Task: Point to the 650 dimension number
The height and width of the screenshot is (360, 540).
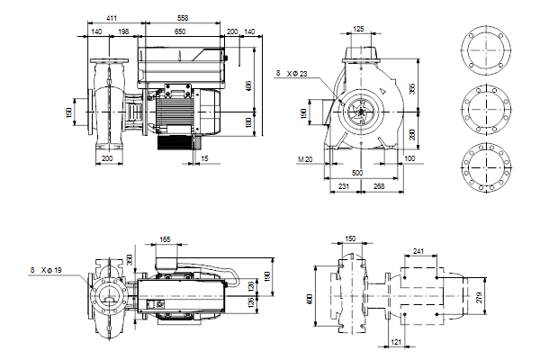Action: [181, 31]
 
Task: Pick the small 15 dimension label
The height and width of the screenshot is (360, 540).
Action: [205, 159]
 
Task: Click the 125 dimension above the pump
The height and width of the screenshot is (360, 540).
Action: [359, 30]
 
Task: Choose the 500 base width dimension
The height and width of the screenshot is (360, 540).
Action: [357, 171]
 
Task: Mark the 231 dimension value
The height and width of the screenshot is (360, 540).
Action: [342, 186]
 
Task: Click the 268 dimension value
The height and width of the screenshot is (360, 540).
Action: [378, 186]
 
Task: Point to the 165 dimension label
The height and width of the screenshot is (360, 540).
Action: [165, 239]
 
